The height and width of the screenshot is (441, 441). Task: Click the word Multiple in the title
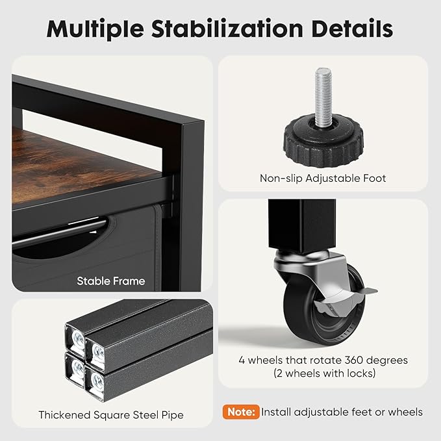(x=95, y=29)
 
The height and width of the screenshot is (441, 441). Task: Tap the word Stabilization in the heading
(x=227, y=29)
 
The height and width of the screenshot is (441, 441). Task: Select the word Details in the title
(x=352, y=29)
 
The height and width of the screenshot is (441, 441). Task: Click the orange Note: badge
(x=241, y=412)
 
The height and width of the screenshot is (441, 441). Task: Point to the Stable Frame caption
(x=111, y=281)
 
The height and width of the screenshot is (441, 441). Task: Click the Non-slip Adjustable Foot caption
(x=323, y=179)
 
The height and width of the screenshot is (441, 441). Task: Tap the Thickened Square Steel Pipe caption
(x=111, y=415)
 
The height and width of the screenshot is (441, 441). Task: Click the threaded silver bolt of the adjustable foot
(x=323, y=97)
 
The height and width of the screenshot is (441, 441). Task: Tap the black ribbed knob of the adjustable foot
(x=323, y=142)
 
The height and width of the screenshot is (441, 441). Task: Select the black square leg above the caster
(x=302, y=227)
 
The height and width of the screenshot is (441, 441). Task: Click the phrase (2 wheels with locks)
(x=325, y=373)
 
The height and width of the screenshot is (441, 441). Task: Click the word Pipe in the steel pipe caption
(x=172, y=416)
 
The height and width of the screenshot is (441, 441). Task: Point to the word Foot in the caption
(x=375, y=179)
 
